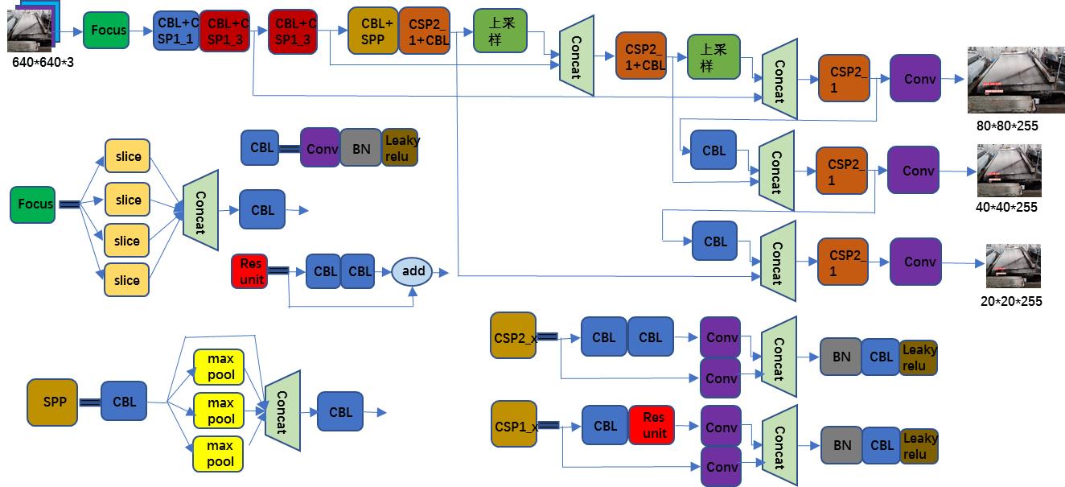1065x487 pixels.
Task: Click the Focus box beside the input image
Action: (109, 31)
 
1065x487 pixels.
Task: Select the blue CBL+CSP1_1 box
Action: (176, 31)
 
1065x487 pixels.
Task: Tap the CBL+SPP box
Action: (373, 31)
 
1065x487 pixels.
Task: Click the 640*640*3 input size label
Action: (43, 62)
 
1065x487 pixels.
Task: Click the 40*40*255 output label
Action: (1007, 207)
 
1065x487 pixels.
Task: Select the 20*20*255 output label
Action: (1011, 301)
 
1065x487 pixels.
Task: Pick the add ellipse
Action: (413, 271)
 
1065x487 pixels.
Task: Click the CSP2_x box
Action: (512, 336)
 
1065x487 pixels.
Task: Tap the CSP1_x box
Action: (512, 424)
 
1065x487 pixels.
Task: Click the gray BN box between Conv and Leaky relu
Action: (361, 148)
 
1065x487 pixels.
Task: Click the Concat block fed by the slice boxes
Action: (201, 204)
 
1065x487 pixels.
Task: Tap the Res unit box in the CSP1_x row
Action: (651, 425)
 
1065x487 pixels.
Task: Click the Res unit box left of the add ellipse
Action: (251, 270)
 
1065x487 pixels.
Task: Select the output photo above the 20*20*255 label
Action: (1013, 266)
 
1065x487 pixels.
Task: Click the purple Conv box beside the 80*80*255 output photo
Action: (915, 79)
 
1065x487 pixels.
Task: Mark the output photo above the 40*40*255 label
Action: (1009, 171)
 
